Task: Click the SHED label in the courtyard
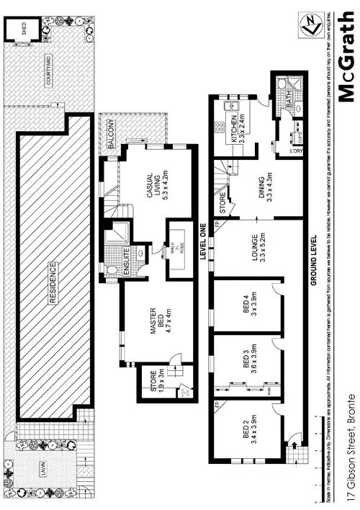coord(24,30)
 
